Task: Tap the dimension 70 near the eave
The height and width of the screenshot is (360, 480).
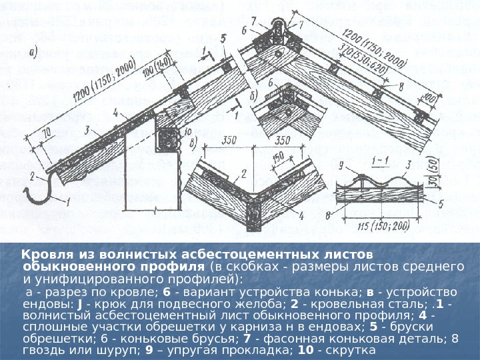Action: pos(47,137)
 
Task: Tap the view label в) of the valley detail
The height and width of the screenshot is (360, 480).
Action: pos(193,143)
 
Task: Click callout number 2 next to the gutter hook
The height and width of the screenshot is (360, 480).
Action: pos(31,175)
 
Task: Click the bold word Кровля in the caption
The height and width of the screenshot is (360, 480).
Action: pos(43,255)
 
